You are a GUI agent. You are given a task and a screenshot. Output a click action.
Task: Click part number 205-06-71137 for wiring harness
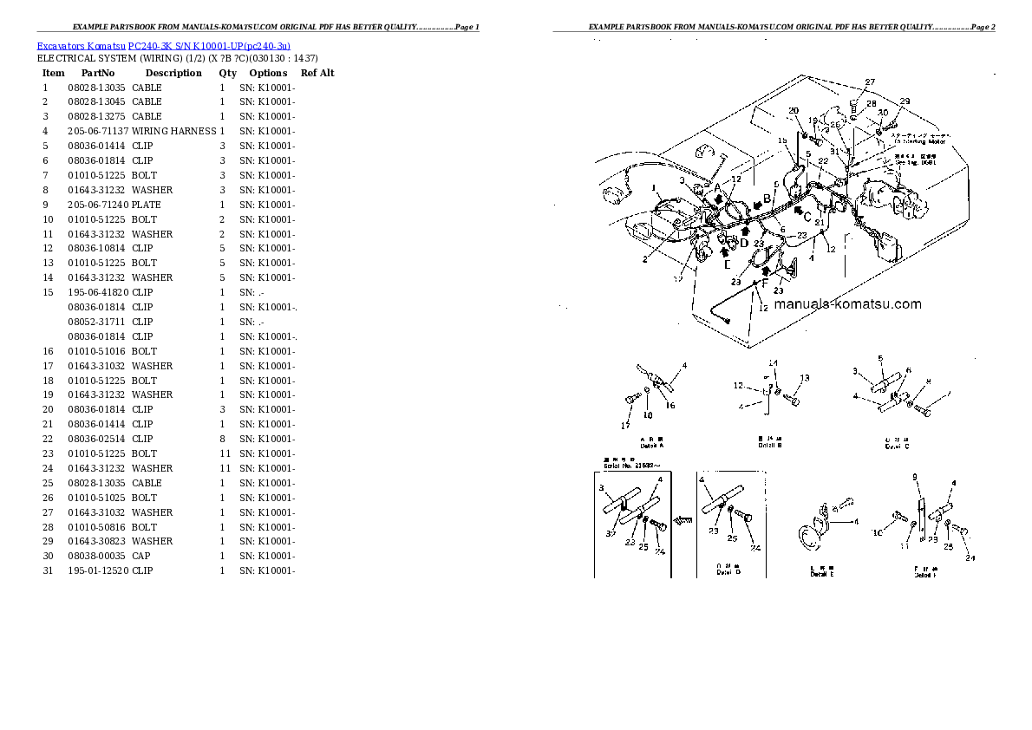tap(98, 131)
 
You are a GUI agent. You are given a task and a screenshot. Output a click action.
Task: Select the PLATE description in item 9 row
tap(146, 205)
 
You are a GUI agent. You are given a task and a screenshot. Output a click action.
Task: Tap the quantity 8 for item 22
tap(222, 439)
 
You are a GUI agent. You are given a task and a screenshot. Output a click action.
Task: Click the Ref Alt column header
tap(317, 74)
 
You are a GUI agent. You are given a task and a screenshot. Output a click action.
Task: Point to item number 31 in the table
tap(48, 570)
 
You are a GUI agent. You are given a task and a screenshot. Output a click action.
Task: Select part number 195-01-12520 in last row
tap(98, 570)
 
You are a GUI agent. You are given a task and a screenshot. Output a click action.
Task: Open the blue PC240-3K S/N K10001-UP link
tap(208, 45)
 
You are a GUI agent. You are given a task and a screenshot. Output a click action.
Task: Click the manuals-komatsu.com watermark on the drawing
tap(847, 304)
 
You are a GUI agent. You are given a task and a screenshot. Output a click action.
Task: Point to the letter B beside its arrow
tap(767, 198)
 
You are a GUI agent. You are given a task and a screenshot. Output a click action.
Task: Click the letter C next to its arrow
tap(807, 215)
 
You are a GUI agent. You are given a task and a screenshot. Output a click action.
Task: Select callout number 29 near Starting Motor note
tap(905, 102)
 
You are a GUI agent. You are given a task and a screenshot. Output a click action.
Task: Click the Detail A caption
tap(650, 444)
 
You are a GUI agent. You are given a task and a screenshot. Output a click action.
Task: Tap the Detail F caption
tap(926, 574)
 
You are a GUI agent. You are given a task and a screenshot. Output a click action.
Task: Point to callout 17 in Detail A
tap(624, 425)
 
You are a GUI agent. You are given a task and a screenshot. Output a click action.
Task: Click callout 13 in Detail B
tap(805, 378)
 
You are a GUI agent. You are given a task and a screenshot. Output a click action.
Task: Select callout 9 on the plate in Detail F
tap(914, 478)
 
